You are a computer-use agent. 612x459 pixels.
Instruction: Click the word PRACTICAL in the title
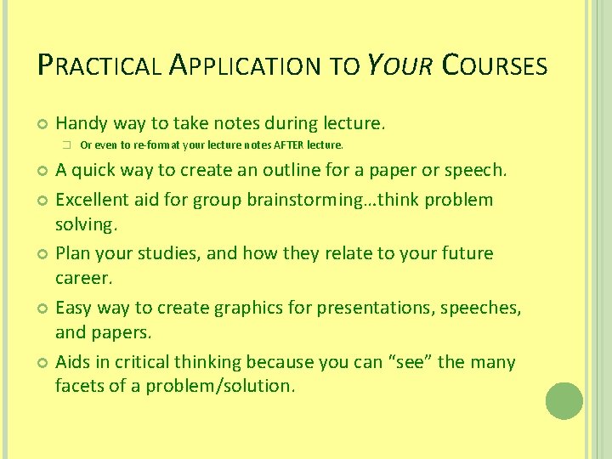(99, 65)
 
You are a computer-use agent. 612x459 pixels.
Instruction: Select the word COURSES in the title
(496, 65)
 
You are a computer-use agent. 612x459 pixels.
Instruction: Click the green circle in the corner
(564, 401)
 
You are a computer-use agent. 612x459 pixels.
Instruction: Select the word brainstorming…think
(311, 200)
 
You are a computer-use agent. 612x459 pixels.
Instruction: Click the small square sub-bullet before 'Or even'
(65, 144)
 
